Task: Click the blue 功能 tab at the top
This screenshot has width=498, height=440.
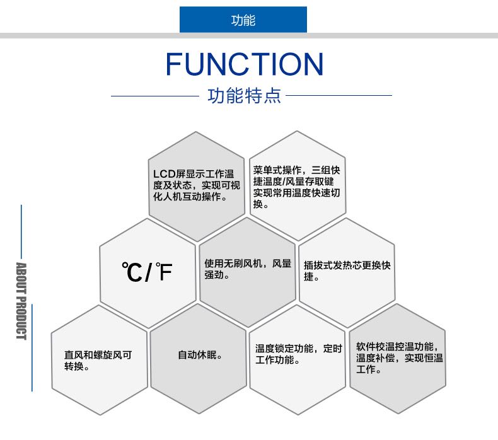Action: pos(243,20)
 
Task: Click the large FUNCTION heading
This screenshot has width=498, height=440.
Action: pos(245,64)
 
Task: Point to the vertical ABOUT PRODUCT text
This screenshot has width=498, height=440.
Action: pos(21,301)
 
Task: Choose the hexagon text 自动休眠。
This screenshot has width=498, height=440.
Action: pos(199,355)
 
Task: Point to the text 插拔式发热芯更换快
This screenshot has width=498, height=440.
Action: pos(347,265)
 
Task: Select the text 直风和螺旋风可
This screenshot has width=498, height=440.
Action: pos(98,355)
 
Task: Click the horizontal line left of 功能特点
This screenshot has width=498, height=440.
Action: pos(154,96)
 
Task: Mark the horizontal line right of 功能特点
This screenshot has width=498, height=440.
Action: pos(339,96)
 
